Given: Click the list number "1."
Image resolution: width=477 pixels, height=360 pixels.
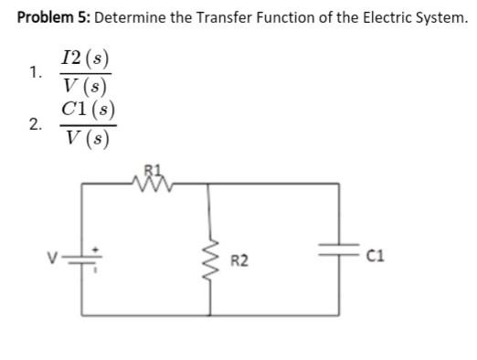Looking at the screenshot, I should pyautogui.click(x=35, y=73).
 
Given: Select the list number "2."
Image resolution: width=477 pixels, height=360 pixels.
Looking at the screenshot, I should pyautogui.click(x=35, y=126).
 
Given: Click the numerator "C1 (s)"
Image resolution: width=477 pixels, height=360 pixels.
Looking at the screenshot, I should pyautogui.click(x=83, y=111).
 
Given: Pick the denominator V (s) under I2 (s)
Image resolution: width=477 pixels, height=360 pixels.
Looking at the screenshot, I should pyautogui.click(x=83, y=87).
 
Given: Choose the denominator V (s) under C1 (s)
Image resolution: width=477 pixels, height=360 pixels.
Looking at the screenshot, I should pyautogui.click(x=83, y=140).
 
